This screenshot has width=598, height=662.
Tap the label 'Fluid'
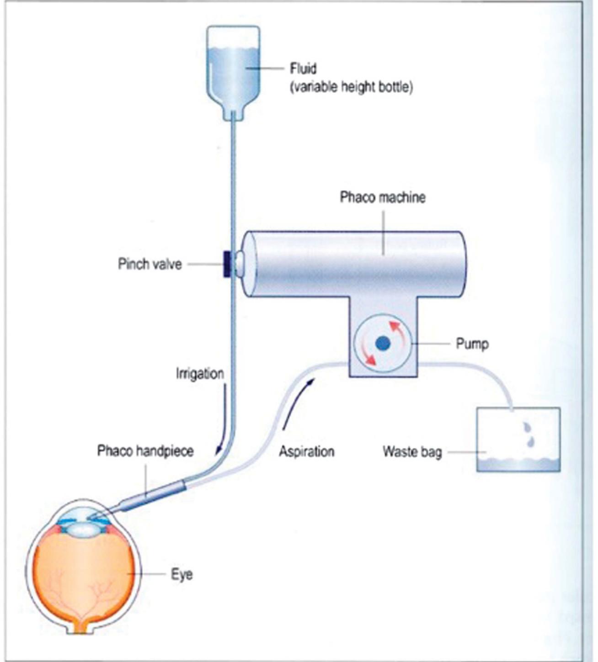(303, 69)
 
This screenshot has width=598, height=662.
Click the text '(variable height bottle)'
(351, 87)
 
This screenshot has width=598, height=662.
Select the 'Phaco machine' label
(382, 197)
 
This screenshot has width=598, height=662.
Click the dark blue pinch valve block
(227, 264)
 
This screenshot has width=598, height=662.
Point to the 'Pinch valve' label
(149, 264)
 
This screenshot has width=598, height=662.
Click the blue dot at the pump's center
(383, 343)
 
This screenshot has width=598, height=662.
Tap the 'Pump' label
(472, 344)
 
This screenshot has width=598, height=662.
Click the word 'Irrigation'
(200, 374)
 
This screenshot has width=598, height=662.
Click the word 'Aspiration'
(306, 451)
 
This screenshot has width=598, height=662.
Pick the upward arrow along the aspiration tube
(297, 402)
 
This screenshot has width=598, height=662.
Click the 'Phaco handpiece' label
(145, 451)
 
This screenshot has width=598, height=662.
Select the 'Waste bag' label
(412, 452)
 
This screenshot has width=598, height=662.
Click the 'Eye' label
(182, 574)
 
